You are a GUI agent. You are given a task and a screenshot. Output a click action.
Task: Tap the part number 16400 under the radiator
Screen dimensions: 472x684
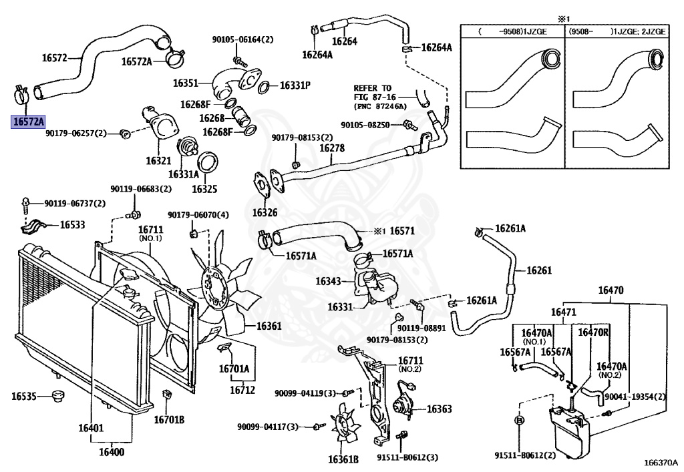pyautogui.click(x=112, y=452)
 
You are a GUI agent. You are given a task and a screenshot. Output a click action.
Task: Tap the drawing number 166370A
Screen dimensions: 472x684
pyautogui.click(x=661, y=462)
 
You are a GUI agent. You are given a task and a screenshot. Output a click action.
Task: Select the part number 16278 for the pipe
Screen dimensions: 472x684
pyautogui.click(x=332, y=148)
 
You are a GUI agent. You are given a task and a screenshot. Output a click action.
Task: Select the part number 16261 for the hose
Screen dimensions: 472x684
pyautogui.click(x=539, y=270)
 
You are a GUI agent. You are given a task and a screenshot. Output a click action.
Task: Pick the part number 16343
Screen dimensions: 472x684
pyautogui.click(x=330, y=281)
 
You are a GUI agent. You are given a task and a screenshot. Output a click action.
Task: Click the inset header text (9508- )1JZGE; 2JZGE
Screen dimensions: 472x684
pyautogui.click(x=616, y=31)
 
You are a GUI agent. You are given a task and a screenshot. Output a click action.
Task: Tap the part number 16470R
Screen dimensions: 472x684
pyautogui.click(x=593, y=332)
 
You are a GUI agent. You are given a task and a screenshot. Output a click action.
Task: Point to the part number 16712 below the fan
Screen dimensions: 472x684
pyautogui.click(x=242, y=390)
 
